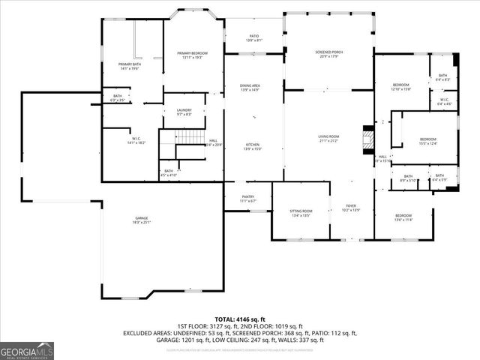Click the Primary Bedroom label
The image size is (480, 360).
pos(192,55)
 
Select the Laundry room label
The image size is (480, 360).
pos(184,112)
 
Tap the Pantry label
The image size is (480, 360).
pos(248,199)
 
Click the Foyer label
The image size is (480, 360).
pos(351,208)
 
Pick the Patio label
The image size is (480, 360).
pos(254,38)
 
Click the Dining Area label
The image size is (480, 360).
pos(250,88)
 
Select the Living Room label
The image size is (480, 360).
pos(328,138)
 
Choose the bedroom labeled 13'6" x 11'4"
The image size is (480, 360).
pos(403,217)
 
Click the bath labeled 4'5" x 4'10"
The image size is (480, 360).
pos(169,173)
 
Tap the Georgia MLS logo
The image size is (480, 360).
pos(27,351)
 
